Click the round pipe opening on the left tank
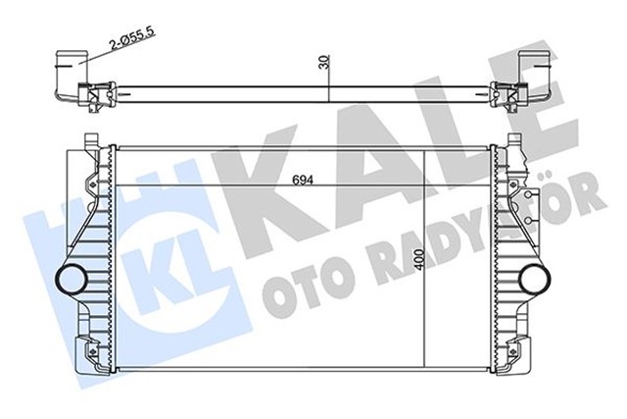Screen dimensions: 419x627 [x=72, y=279]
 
